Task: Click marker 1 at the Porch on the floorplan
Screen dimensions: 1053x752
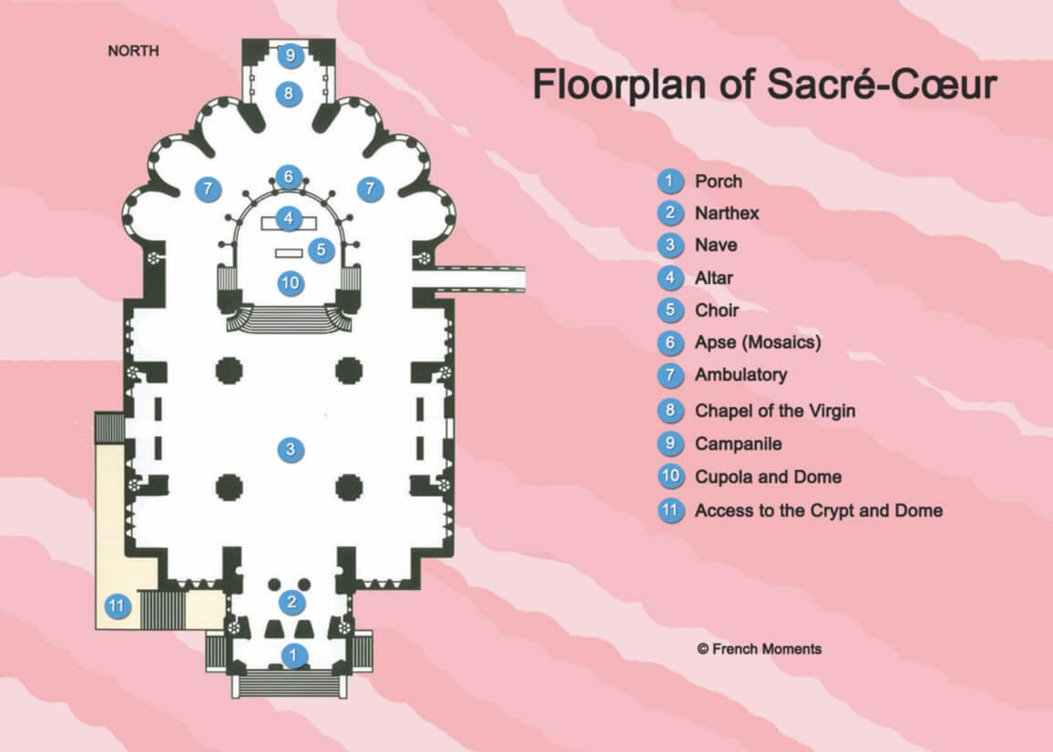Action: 293,655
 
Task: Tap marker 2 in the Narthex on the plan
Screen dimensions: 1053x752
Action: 291,602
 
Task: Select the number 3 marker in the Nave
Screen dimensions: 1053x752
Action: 290,449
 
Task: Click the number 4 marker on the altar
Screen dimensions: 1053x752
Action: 289,218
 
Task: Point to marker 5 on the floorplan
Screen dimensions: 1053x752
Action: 322,250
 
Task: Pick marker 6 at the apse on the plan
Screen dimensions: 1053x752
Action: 289,177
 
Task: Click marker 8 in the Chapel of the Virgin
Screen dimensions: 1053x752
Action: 289,94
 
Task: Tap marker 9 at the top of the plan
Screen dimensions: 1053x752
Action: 290,55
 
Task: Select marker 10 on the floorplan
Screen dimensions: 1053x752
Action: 291,282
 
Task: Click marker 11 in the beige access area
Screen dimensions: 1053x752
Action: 118,606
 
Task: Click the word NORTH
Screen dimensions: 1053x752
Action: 134,51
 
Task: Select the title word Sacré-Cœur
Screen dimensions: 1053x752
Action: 882,84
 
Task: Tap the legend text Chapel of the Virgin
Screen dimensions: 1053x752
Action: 775,411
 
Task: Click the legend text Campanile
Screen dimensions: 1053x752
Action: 738,443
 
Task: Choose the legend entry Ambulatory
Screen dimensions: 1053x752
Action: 741,375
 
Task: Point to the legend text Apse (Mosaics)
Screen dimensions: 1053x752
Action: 758,342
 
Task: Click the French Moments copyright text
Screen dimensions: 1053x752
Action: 759,649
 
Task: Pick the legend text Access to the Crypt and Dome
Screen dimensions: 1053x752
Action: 819,510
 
